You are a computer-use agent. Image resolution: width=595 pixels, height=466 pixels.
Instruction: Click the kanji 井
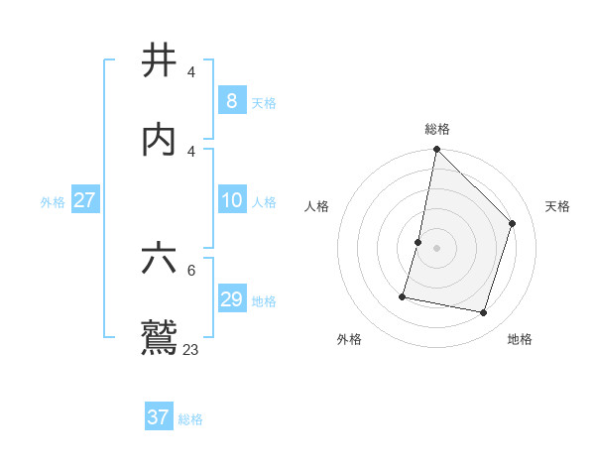(x=160, y=61)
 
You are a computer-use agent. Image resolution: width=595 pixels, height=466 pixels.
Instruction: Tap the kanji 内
(x=160, y=139)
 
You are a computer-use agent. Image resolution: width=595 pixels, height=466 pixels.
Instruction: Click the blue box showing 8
(x=231, y=101)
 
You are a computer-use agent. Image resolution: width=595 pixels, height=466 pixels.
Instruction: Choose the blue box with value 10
(x=231, y=201)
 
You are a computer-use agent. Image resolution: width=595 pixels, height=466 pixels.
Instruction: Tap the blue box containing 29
(x=231, y=299)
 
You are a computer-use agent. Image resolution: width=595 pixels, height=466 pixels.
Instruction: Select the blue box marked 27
(x=85, y=200)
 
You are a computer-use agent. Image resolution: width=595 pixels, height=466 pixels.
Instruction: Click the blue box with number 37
(x=158, y=417)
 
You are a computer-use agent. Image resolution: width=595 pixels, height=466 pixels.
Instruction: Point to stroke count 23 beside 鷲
(x=191, y=349)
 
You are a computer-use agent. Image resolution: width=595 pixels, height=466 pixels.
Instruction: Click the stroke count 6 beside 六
(x=191, y=270)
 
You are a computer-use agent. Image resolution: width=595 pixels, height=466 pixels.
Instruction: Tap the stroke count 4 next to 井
(x=191, y=72)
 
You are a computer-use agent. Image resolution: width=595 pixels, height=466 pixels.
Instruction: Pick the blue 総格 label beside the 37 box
(x=190, y=419)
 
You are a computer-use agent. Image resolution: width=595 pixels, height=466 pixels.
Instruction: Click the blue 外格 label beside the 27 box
(x=53, y=202)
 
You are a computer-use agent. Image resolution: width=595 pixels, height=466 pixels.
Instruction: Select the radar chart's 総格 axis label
(x=436, y=129)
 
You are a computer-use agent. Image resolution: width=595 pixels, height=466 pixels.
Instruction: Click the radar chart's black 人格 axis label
(x=317, y=206)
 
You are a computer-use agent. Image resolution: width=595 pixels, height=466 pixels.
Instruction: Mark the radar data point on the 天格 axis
(x=513, y=223)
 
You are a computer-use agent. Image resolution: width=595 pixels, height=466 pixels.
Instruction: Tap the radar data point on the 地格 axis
(x=483, y=312)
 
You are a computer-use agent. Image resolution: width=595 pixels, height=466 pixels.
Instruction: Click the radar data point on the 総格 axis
(x=436, y=149)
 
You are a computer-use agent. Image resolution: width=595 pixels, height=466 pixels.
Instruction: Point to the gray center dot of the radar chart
(x=436, y=248)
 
